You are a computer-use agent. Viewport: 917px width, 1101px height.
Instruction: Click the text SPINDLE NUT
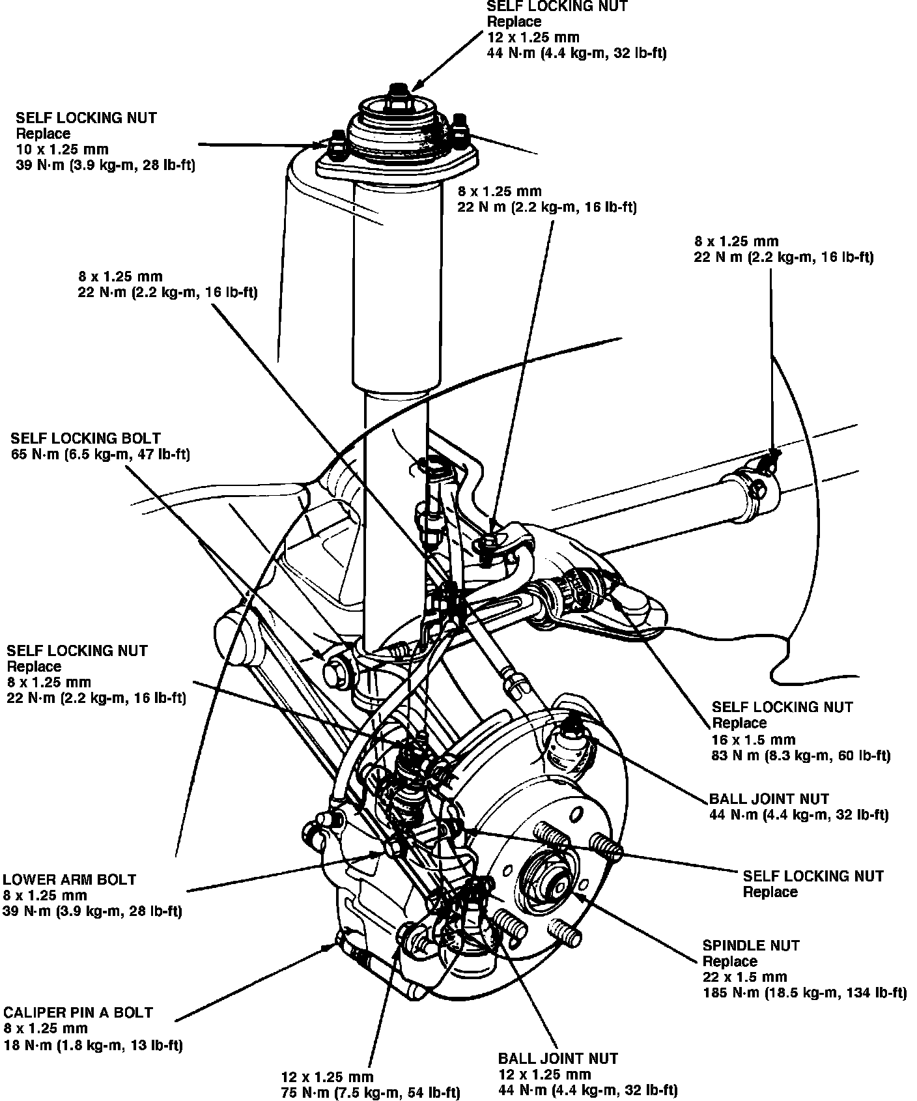[x=750, y=945]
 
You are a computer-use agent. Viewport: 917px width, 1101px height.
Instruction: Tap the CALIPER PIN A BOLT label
[x=78, y=1012]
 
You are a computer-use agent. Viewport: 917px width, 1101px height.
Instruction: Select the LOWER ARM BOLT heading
[x=70, y=879]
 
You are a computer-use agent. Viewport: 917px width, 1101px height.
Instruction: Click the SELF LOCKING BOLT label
[x=85, y=438]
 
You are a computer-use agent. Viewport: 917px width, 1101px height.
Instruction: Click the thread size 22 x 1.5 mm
[x=744, y=977]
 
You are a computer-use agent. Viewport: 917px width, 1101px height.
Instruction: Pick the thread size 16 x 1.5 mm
[x=754, y=740]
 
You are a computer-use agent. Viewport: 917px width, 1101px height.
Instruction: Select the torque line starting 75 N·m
[x=371, y=1093]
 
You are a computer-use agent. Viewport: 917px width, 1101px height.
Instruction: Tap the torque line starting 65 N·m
[x=101, y=455]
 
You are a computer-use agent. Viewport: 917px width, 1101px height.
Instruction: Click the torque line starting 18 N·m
[x=92, y=1046]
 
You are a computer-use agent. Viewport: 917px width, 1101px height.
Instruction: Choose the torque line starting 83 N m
[x=801, y=756]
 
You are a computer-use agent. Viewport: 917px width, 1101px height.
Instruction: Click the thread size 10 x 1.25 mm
[x=62, y=150]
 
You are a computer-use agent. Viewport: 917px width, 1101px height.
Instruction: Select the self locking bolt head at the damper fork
[x=337, y=672]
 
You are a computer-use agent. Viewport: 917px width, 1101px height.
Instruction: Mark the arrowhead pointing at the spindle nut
[x=573, y=896]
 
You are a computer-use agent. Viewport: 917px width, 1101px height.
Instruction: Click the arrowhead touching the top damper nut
[x=416, y=85]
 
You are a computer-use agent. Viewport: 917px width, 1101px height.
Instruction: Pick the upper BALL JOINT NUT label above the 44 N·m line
[x=769, y=799]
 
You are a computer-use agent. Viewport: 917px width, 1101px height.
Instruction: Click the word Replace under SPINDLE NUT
[x=729, y=962]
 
